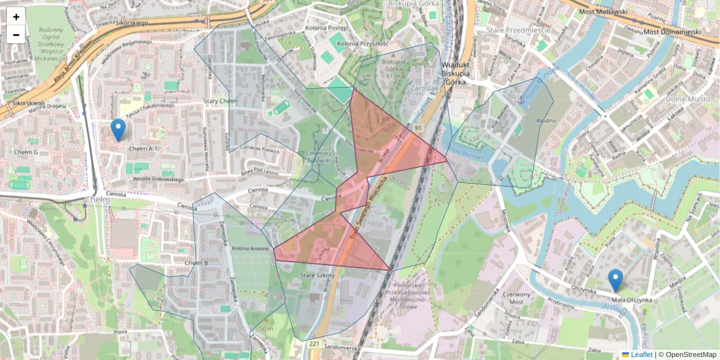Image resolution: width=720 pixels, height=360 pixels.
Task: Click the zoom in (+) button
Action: click(x=16, y=16)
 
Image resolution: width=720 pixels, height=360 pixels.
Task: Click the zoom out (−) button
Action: click(x=16, y=34)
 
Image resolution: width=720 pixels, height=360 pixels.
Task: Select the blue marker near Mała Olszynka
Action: click(x=615, y=280)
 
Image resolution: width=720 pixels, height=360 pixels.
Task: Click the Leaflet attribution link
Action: click(x=641, y=355)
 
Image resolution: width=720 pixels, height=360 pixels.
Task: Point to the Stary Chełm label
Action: click(x=220, y=101)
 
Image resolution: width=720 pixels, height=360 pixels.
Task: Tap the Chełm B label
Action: click(x=196, y=263)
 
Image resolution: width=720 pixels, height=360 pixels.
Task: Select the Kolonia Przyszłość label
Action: click(x=363, y=44)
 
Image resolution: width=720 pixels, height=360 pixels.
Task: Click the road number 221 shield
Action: click(x=315, y=344)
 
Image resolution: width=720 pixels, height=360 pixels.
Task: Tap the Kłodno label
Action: click(x=546, y=121)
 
